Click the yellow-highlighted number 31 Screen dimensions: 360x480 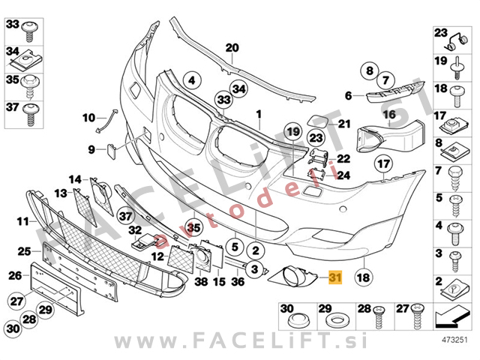coord(334,278)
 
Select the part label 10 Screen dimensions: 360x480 coord(88,117)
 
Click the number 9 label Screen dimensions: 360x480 coord(91,149)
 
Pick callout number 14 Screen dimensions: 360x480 coord(76,179)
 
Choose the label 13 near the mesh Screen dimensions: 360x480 coord(60,193)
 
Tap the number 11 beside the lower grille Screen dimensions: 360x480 coord(23,221)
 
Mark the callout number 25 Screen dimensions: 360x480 coord(24,250)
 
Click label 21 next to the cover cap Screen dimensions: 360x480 coord(344,124)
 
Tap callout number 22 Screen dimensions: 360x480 coord(343,158)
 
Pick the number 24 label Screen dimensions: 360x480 coord(343,175)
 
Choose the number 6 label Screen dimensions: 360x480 coord(349,95)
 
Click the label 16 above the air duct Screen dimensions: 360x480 coord(389,115)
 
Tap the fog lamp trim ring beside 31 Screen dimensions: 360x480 coord(293,280)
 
